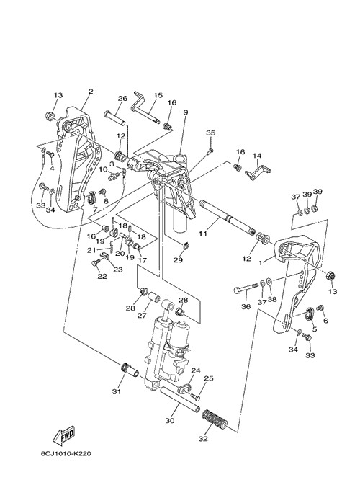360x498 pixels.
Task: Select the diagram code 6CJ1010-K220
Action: pyautogui.click(x=66, y=453)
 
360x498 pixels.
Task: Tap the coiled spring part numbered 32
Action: pyautogui.click(x=215, y=419)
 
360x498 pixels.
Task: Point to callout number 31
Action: pyautogui.click(x=117, y=391)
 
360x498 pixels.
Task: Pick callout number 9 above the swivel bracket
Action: pyautogui.click(x=186, y=112)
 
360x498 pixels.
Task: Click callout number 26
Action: pyautogui.click(x=122, y=99)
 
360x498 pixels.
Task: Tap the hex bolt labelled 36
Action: pyautogui.click(x=246, y=289)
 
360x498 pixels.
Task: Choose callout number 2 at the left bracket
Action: pyautogui.click(x=91, y=91)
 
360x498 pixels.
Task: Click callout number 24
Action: pyautogui.click(x=196, y=370)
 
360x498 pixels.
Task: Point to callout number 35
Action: pyautogui.click(x=211, y=133)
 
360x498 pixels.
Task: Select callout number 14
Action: pyautogui.click(x=257, y=156)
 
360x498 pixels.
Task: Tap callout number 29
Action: pyautogui.click(x=178, y=260)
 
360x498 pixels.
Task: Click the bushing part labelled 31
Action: pyautogui.click(x=130, y=370)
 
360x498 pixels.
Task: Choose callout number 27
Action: pyautogui.click(x=142, y=316)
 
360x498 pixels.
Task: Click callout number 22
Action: pyautogui.click(x=102, y=276)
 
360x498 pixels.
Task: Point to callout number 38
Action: pyautogui.click(x=272, y=299)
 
